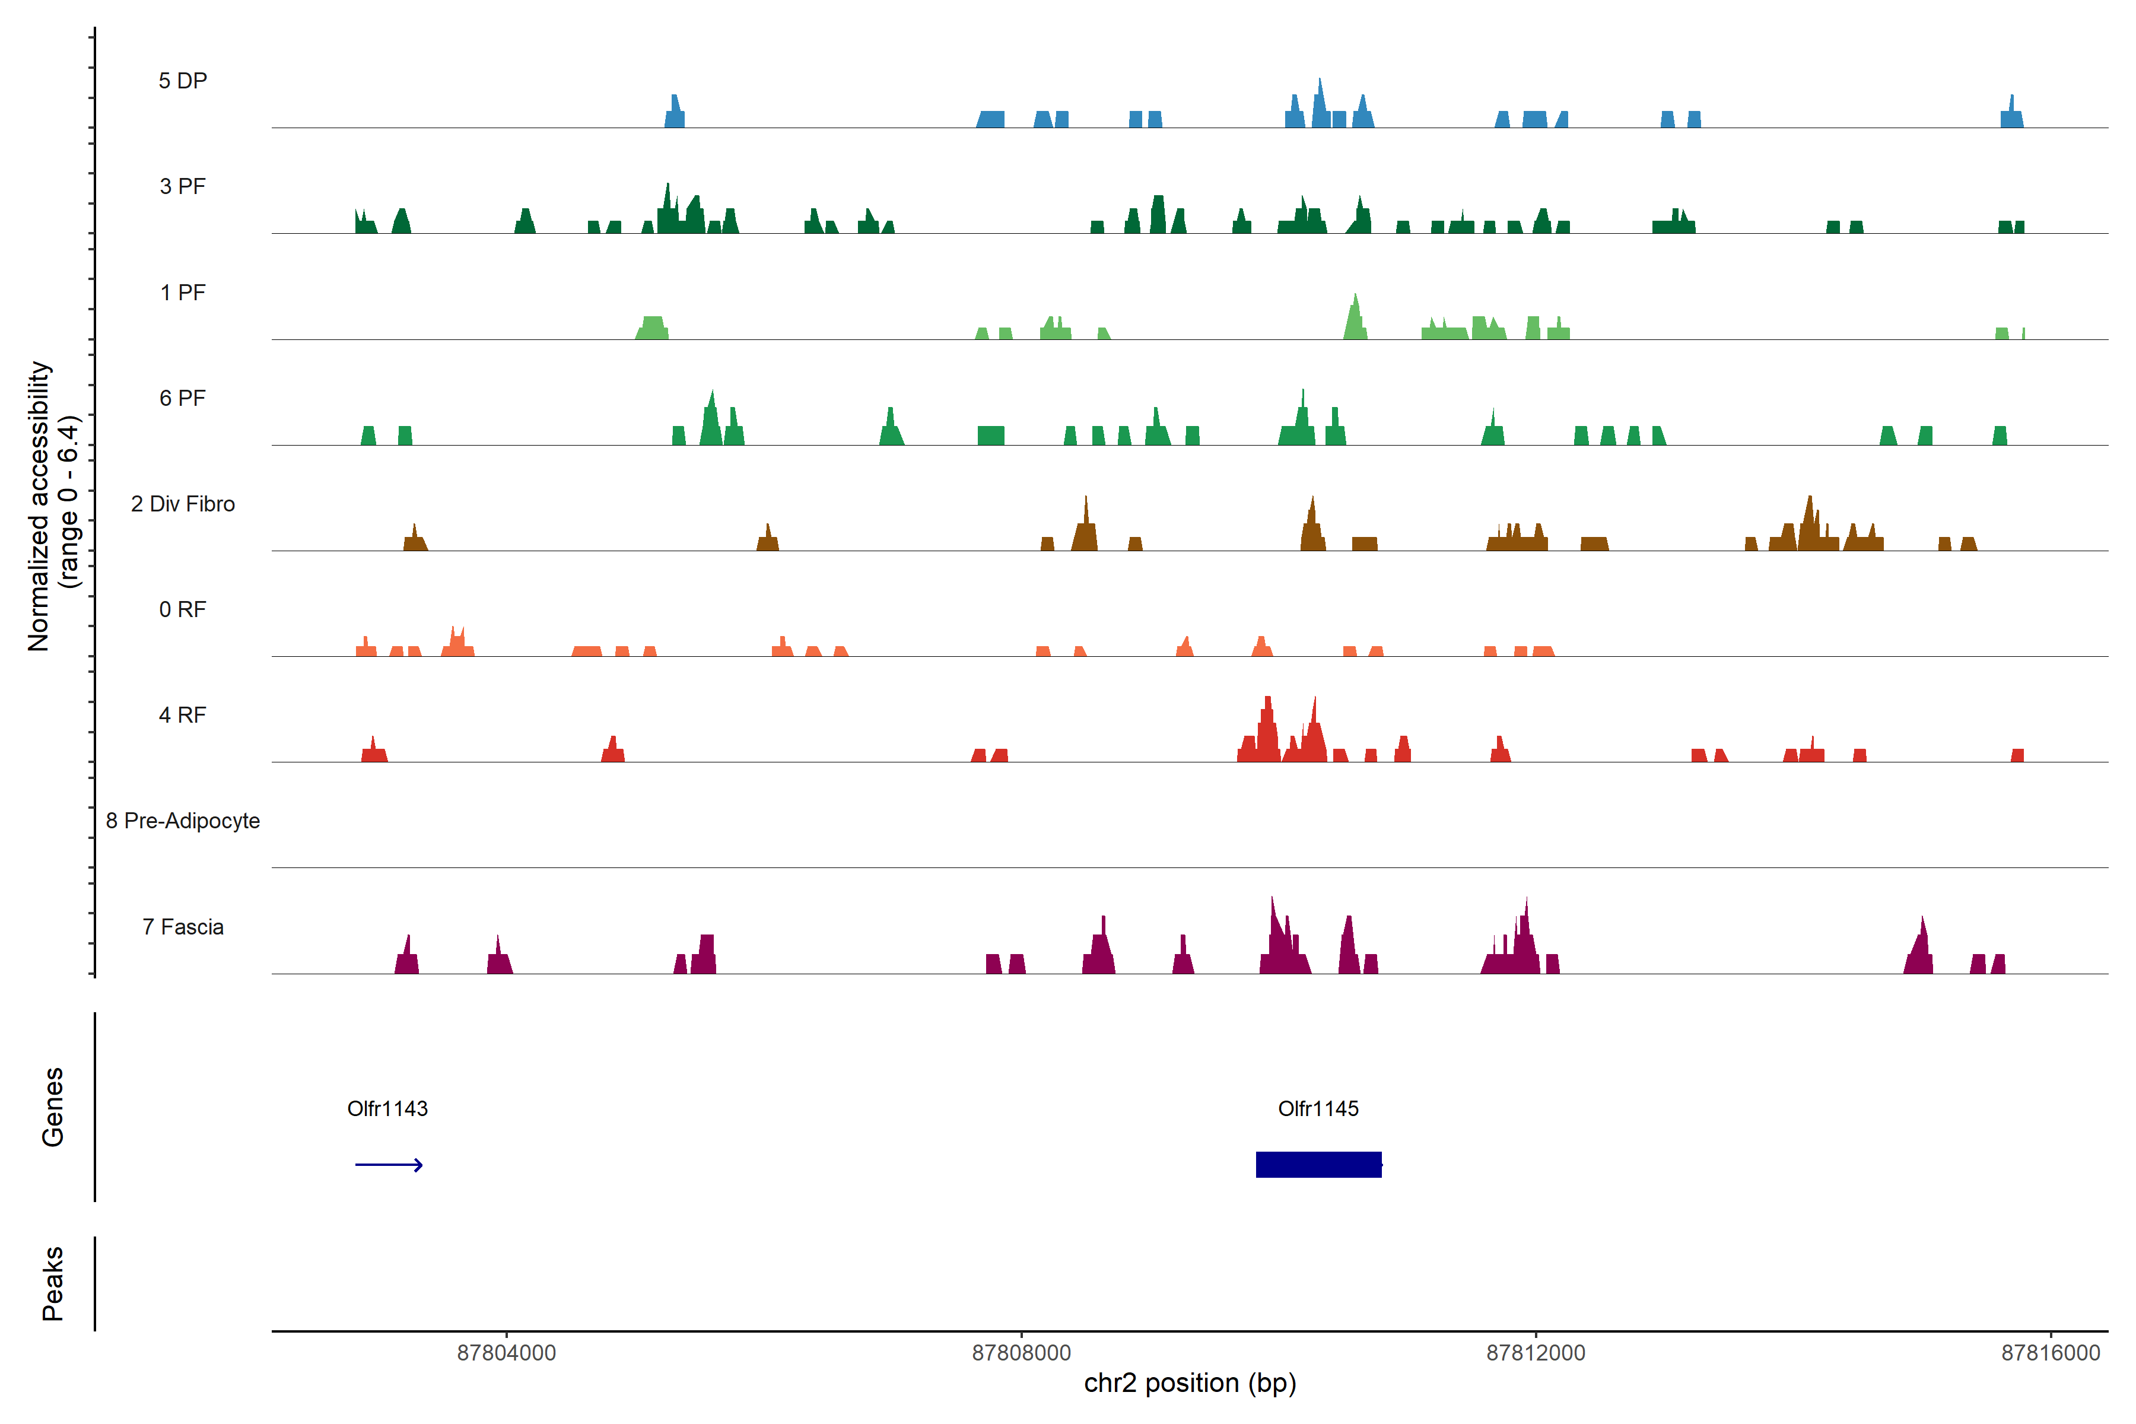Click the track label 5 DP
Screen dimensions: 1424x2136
point(183,81)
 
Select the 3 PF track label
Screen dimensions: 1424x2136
point(183,186)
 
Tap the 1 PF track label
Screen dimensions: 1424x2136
point(183,293)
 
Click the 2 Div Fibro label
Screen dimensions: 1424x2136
point(183,504)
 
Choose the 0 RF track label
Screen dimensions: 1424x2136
point(183,609)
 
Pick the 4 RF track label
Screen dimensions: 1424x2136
point(183,715)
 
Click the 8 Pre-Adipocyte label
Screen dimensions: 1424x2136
point(183,821)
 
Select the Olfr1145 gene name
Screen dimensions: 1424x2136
point(1318,1109)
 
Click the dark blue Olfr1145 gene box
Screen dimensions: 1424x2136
point(1318,1164)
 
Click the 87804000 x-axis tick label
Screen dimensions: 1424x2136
point(506,1353)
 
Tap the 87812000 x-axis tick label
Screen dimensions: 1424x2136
point(1535,1353)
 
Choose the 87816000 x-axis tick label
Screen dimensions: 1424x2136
point(2050,1353)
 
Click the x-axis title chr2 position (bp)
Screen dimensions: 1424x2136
point(1190,1383)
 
